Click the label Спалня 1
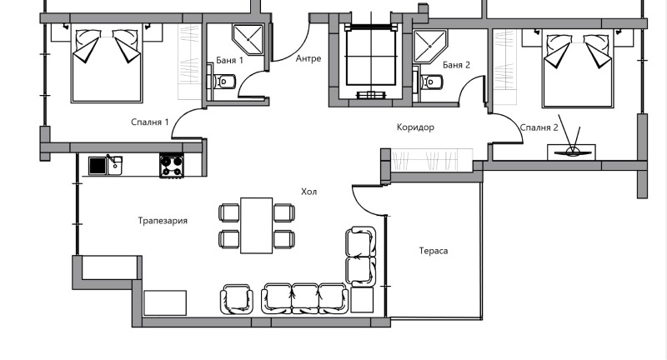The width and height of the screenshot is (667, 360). pos(150,122)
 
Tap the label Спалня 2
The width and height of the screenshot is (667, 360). pos(539,127)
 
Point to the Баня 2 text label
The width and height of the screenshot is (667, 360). pos(457,64)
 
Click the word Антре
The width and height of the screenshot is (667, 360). pos(308,58)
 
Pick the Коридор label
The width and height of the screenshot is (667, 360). pos(415,127)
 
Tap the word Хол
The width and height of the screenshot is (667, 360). pos(309,192)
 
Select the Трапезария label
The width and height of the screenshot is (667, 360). pos(163,221)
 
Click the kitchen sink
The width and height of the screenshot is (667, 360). pos(105,165)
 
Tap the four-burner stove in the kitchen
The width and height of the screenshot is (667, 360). pos(172,166)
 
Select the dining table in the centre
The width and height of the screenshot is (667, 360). pos(257,225)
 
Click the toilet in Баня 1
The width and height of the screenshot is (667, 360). pos(225,81)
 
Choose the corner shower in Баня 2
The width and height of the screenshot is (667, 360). pos(431,47)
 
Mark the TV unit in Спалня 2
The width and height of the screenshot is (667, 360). pos(572,151)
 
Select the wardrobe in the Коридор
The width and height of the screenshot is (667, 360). pos(427,157)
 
